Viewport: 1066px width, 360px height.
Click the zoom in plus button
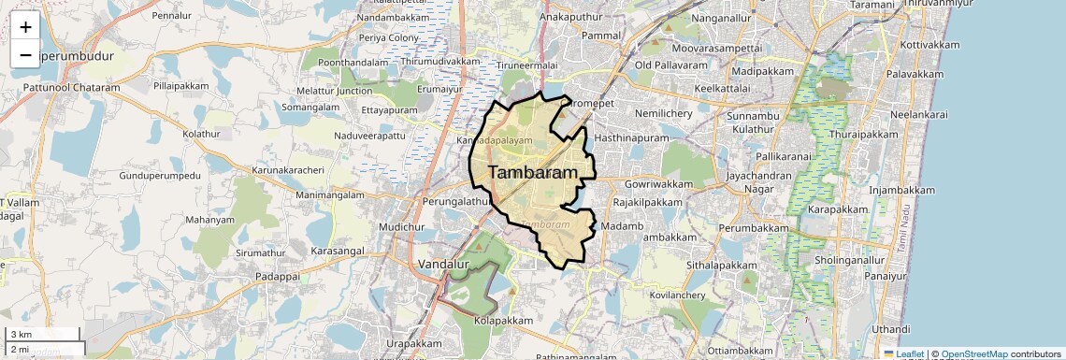pyautogui.click(x=25, y=26)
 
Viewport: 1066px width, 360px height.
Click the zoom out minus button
pyautogui.click(x=25, y=54)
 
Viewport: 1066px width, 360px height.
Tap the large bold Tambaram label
pyautogui.click(x=532, y=173)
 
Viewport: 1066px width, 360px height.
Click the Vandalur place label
pyautogui.click(x=443, y=265)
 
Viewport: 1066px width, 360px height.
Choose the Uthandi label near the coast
pyautogui.click(x=890, y=329)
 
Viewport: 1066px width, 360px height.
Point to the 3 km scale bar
pyautogui.click(x=43, y=335)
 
